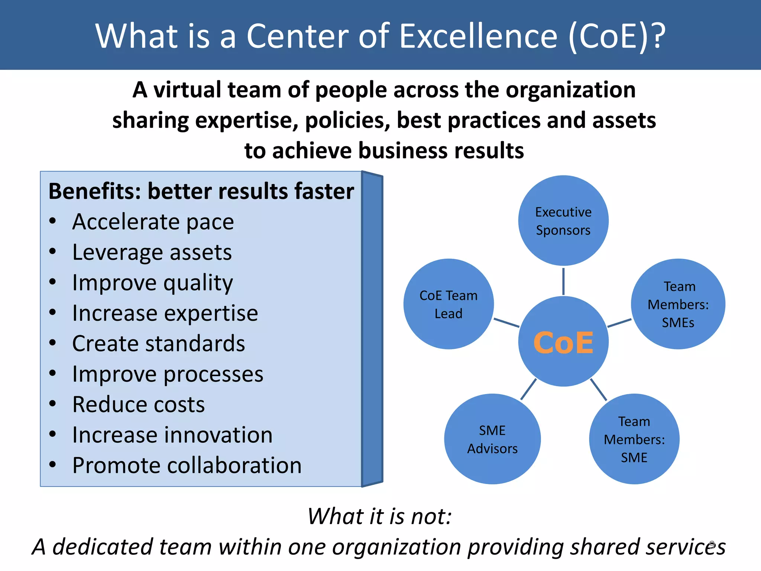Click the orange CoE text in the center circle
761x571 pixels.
[x=563, y=343]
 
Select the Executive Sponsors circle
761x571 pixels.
[x=563, y=221]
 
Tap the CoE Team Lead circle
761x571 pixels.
[x=448, y=304]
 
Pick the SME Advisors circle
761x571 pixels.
[x=492, y=439]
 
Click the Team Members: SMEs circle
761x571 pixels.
[x=678, y=304]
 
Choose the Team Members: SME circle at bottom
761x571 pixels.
[x=634, y=439]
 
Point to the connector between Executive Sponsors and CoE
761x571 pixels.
[x=563, y=281]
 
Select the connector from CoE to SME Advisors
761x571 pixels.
[x=528, y=389]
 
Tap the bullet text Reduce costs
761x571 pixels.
[x=138, y=404]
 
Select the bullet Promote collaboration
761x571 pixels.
[x=187, y=465]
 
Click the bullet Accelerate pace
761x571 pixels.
[x=153, y=222]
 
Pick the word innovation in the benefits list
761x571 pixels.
[x=218, y=435]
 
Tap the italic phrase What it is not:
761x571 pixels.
[x=380, y=516]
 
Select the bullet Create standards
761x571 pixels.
[x=159, y=343]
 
